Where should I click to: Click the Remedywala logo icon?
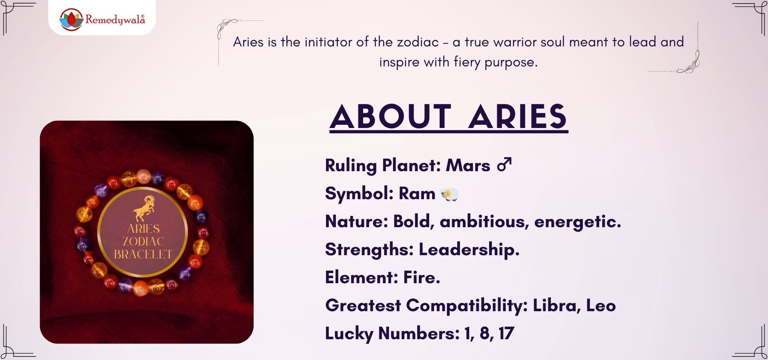coord(71,19)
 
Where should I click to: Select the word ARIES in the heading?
coord(518,117)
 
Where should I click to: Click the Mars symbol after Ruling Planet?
coord(504,164)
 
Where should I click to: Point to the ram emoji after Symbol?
coord(450,194)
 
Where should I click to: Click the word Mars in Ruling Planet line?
coord(468,165)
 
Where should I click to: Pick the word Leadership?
coord(469,250)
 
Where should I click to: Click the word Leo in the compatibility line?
coord(601,306)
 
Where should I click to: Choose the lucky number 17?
coord(506,333)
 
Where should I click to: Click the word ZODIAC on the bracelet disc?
coord(143,242)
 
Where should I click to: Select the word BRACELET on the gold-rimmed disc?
coord(143,254)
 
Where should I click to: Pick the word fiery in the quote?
coord(467,62)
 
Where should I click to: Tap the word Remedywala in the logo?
coord(115,20)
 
